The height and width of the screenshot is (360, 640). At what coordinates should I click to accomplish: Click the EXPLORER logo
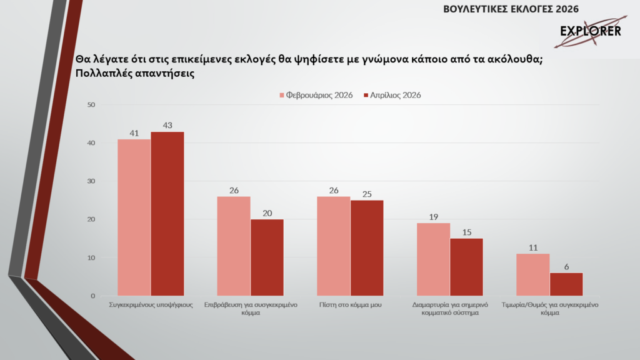589,32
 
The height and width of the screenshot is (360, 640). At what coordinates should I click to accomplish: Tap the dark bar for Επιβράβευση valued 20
267,257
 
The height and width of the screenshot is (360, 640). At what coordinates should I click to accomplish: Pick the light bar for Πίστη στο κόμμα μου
334,246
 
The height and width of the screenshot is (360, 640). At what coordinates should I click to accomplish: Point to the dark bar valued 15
466,267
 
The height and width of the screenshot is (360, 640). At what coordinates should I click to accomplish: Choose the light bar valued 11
533,275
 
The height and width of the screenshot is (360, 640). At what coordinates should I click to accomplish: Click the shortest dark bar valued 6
566,284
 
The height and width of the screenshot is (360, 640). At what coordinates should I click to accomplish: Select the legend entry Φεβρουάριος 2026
316,95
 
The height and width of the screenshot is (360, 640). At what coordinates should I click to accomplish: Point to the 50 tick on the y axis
91,105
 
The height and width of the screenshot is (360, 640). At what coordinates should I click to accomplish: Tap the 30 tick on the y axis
91,181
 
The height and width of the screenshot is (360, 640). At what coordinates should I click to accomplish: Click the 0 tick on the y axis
92,296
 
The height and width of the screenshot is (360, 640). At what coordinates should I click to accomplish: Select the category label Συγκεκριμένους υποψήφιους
151,304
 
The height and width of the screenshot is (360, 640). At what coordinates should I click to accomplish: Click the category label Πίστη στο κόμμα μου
349,304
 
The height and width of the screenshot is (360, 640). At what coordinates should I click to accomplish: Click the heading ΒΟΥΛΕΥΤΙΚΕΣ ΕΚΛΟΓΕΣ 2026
511,9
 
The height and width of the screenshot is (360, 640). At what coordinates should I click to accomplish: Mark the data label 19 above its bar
432,217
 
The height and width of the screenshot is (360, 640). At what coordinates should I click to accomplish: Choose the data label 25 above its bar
367,194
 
